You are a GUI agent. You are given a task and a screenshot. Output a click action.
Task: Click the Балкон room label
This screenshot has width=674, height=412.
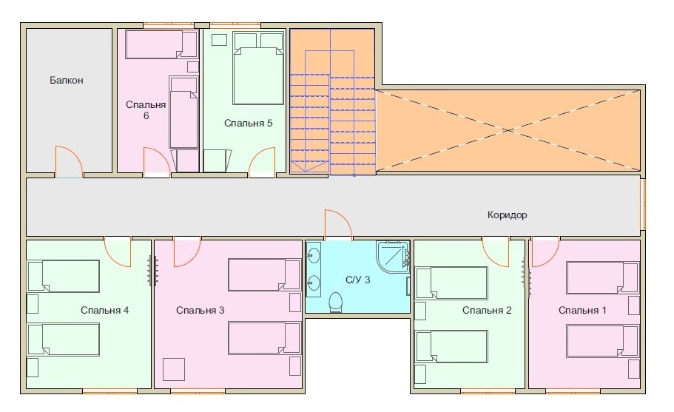[66, 81]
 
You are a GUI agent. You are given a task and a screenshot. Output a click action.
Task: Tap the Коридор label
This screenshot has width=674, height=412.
[508, 215]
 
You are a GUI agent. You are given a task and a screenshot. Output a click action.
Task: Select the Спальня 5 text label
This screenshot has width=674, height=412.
[248, 124]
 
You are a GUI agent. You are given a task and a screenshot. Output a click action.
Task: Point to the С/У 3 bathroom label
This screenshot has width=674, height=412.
[357, 280]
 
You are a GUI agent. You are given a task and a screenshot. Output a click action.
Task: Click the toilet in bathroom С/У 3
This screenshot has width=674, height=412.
[335, 303]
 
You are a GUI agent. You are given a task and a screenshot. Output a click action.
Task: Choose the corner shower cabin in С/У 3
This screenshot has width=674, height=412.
[393, 256]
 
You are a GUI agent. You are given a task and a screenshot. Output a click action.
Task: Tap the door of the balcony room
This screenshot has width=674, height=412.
[69, 161]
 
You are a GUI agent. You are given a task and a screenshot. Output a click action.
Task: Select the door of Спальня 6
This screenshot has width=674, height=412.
[156, 161]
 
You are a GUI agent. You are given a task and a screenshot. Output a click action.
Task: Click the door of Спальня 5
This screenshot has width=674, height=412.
[262, 161]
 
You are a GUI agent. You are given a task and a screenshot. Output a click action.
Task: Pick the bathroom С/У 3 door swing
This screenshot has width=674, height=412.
[338, 224]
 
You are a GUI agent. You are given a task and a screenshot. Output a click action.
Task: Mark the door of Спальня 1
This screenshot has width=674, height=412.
[546, 251]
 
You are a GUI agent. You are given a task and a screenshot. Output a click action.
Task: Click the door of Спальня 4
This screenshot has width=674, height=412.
[118, 251]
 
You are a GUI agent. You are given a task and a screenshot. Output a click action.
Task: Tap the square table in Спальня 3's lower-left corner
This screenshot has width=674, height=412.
[174, 369]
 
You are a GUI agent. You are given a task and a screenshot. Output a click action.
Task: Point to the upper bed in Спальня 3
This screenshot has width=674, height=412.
[264, 274]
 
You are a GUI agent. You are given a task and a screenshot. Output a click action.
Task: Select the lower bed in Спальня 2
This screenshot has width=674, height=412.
[451, 346]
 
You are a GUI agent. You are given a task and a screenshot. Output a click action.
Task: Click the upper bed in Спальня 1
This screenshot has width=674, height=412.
[602, 277]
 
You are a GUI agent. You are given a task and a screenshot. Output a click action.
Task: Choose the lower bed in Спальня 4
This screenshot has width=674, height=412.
[63, 340]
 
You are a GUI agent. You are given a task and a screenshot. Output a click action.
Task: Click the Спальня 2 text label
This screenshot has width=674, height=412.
[487, 310]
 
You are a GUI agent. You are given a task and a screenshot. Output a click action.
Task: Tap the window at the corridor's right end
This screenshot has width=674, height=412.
[644, 203]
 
